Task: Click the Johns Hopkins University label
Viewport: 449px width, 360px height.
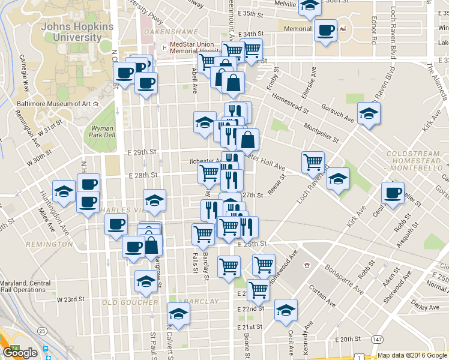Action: tap(71, 32)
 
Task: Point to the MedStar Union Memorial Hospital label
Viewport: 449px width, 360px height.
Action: tap(193, 48)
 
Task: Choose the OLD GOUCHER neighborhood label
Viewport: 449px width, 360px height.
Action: tap(122, 302)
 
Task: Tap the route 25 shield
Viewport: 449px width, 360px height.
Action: tap(42, 331)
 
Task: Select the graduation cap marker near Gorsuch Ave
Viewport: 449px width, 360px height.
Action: tap(369, 113)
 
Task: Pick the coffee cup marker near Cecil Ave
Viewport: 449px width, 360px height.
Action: tap(393, 194)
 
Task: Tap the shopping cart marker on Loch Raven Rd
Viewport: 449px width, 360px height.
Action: tap(313, 161)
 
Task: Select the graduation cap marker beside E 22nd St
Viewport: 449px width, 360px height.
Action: tap(286, 310)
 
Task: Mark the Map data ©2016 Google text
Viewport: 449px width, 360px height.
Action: tap(412, 355)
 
